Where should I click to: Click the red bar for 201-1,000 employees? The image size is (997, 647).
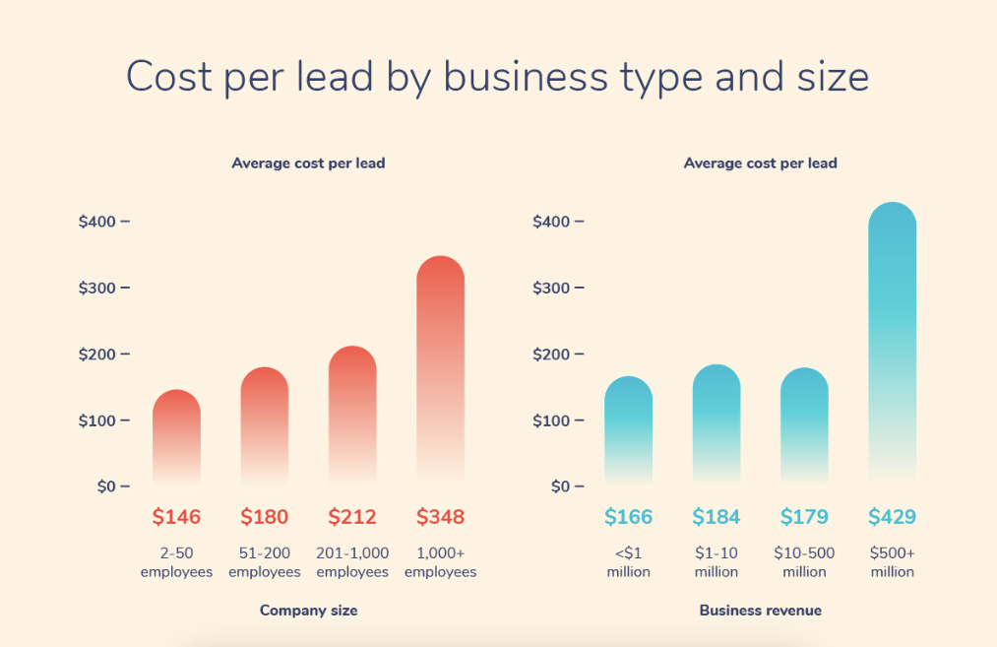(x=352, y=414)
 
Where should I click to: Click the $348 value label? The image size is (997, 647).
(x=440, y=517)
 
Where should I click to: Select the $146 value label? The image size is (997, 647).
(x=176, y=517)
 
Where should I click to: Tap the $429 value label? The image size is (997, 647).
(x=892, y=517)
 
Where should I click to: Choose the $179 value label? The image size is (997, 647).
(x=804, y=517)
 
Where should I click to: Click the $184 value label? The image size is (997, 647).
(x=716, y=517)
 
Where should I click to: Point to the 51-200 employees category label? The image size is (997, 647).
(x=265, y=562)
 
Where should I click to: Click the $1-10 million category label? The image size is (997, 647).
(x=716, y=562)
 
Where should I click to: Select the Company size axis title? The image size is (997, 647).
(x=308, y=611)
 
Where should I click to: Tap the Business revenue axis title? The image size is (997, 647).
(x=760, y=611)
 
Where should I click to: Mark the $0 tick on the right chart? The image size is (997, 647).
(x=561, y=486)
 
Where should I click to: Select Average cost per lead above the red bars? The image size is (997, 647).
(x=308, y=163)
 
